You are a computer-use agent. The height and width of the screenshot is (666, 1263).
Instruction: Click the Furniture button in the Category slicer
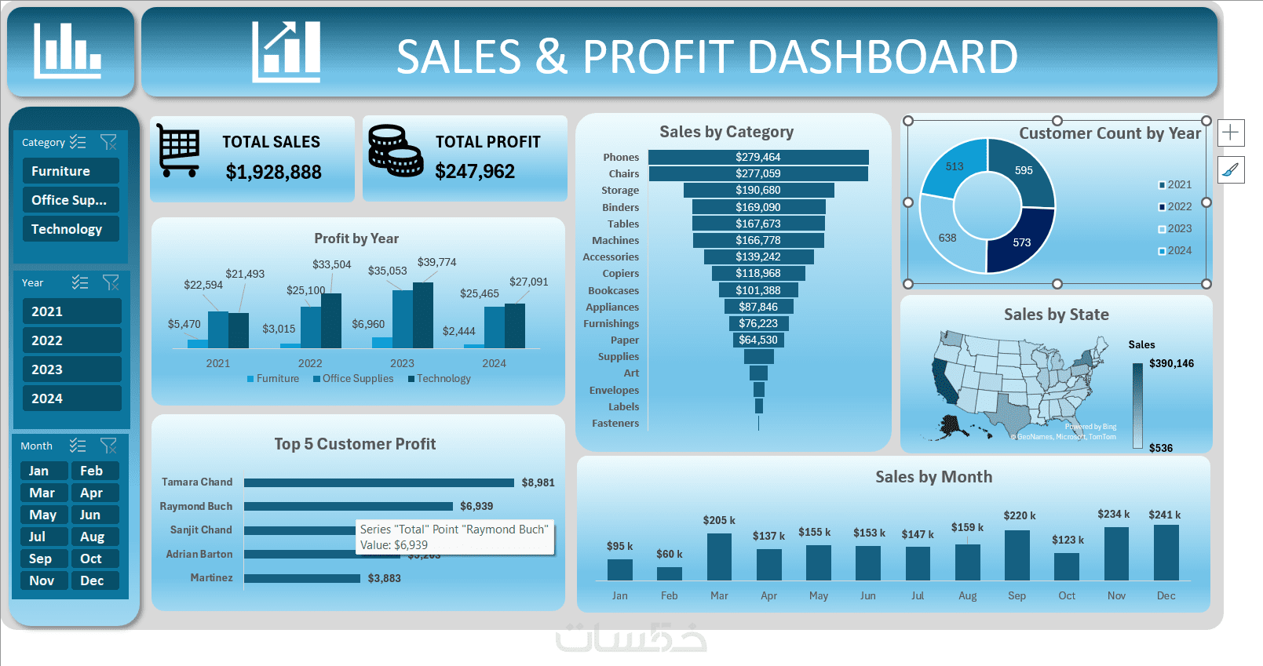click(70, 171)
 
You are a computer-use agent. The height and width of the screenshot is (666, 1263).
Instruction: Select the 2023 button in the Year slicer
click(71, 369)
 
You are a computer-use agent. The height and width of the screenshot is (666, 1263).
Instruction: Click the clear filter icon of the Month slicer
click(108, 446)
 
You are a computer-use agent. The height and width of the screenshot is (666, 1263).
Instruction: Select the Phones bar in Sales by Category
click(758, 157)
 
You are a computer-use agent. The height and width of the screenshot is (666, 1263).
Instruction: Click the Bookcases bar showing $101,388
click(758, 290)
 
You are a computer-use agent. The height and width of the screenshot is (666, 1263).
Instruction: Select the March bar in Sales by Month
click(719, 557)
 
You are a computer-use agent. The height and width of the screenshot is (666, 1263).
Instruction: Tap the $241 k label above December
click(1164, 515)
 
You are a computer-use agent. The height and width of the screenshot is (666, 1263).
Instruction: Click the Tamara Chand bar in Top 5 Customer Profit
click(378, 482)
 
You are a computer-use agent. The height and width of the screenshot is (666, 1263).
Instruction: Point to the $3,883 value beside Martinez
click(385, 578)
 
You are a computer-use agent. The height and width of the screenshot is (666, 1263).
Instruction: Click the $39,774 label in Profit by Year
click(436, 262)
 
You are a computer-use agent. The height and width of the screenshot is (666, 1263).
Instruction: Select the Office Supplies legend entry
click(353, 378)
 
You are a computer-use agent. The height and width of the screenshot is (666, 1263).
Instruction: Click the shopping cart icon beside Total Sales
click(179, 149)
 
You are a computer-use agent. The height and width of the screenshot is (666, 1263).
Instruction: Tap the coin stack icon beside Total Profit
click(395, 151)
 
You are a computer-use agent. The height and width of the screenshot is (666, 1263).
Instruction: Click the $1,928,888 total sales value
click(273, 172)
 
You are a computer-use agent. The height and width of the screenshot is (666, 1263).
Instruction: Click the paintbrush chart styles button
click(1231, 169)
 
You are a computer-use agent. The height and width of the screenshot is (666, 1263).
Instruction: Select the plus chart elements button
click(1231, 133)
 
